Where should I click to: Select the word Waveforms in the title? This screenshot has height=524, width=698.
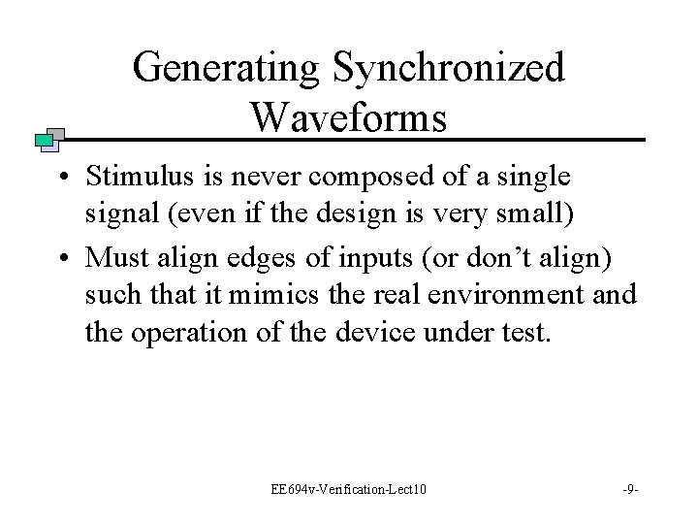[348, 117]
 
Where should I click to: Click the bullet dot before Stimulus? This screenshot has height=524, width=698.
[61, 180]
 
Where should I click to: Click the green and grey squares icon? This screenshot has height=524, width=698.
[48, 140]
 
